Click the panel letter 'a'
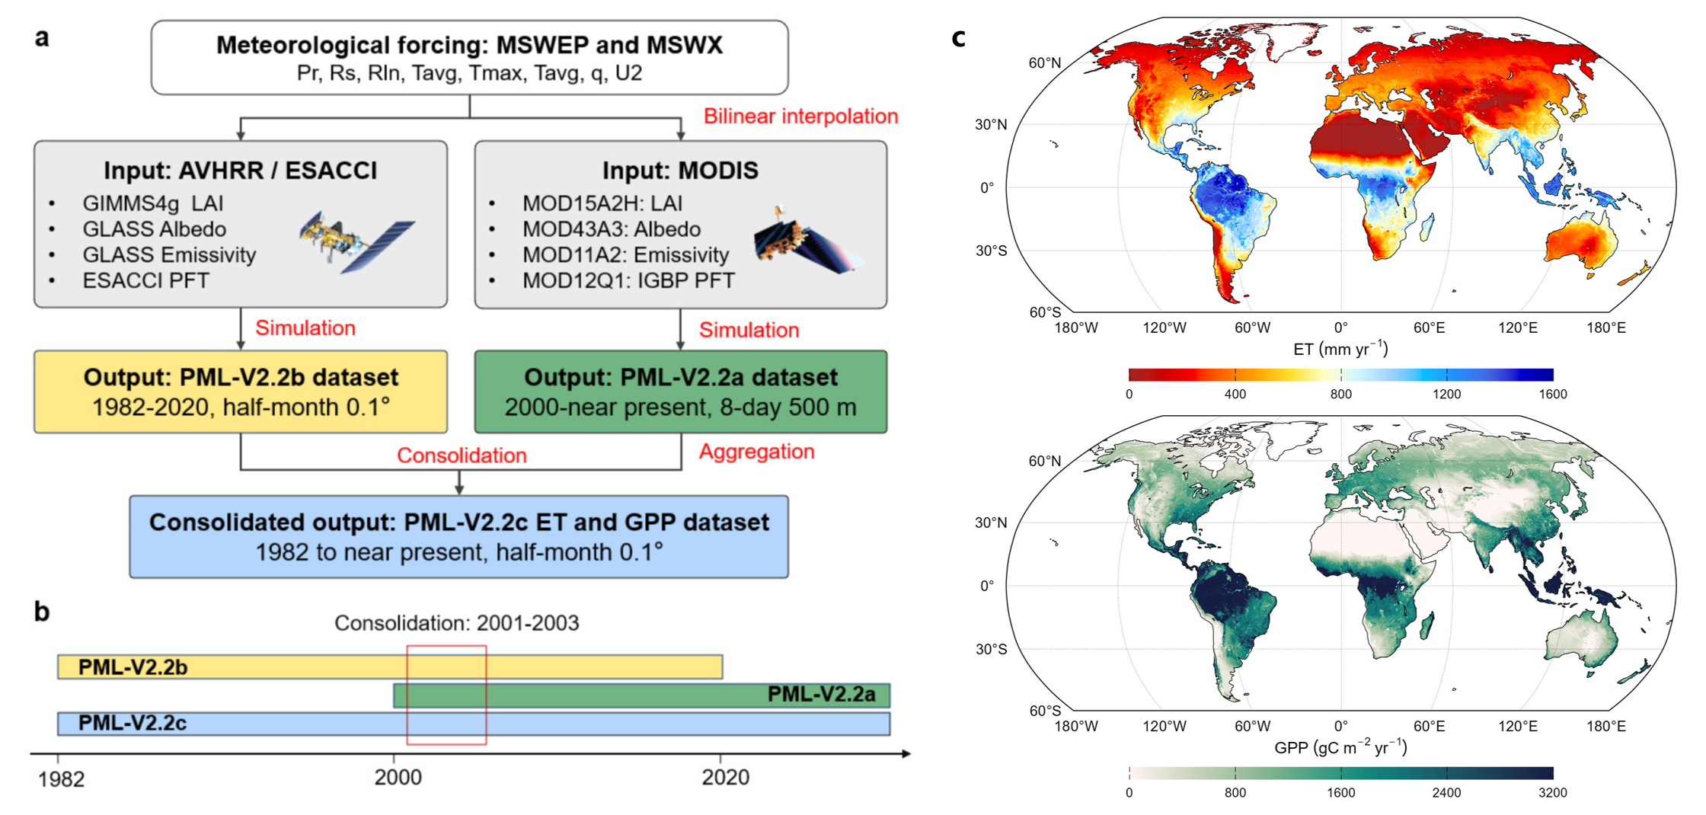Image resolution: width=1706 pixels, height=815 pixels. [42, 37]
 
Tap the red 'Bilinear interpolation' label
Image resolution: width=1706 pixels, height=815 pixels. [800, 116]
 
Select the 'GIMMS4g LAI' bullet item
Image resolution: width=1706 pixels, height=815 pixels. [152, 203]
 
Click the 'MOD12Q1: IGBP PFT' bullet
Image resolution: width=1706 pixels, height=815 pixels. [628, 281]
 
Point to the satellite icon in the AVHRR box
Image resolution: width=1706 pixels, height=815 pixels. [356, 241]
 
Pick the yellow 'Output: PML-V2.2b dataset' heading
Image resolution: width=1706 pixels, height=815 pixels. [241, 377]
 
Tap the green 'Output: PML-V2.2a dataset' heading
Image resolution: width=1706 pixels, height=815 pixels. [680, 377]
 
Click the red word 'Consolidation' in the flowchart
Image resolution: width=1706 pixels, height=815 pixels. [462, 455]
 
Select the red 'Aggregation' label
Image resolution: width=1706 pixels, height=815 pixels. [756, 452]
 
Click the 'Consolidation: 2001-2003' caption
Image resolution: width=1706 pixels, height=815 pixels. [456, 623]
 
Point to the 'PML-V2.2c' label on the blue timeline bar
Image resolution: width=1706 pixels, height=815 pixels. [133, 723]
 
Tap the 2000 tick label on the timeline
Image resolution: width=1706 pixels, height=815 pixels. [398, 777]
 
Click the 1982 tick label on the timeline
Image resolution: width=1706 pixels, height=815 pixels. [61, 778]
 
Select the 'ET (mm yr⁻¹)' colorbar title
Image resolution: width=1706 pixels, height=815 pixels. [1340, 349]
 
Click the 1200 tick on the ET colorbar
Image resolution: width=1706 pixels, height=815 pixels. [1446, 394]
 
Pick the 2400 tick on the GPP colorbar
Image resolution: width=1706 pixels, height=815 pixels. [1446, 792]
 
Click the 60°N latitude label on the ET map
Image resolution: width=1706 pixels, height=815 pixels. [1044, 62]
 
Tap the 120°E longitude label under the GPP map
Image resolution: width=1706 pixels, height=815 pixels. [1517, 726]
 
